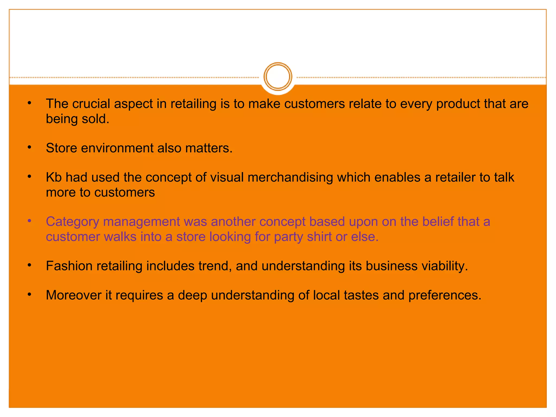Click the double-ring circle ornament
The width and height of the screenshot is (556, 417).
point(278,77)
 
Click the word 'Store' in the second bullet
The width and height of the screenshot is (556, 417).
point(62,148)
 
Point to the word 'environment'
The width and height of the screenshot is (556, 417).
point(117,148)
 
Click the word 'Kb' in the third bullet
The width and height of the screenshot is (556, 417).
point(54,178)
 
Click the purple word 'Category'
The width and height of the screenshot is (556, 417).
point(72,222)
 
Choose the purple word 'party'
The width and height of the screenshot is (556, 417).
point(288,237)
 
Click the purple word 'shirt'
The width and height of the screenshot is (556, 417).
point(320,237)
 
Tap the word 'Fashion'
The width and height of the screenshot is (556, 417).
point(69,266)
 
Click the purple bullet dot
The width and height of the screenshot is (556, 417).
point(30,221)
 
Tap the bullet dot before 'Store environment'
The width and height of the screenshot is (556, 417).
point(30,148)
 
